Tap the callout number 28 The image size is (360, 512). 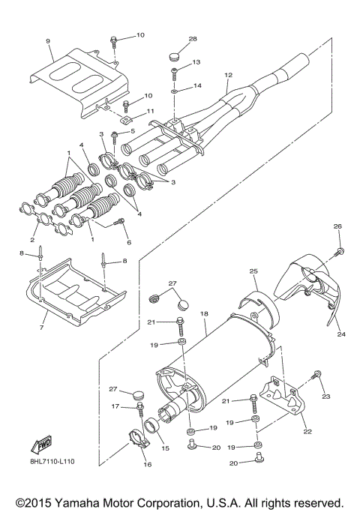tap(172, 38)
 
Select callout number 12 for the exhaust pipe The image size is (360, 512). tap(229, 74)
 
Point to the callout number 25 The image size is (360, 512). tap(253, 271)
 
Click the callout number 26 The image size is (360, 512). tap(337, 226)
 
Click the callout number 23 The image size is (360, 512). tap(326, 396)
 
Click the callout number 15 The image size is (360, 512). tap(165, 448)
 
